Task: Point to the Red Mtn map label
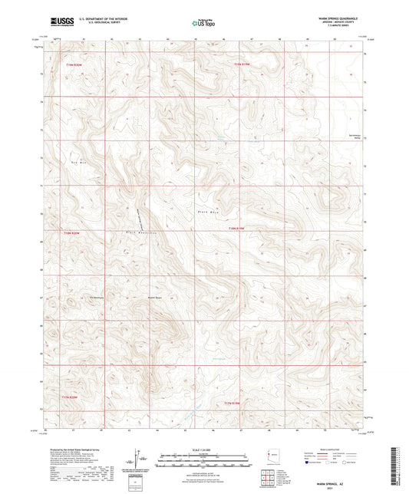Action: [x=76, y=163]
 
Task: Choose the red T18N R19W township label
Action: [x=239, y=228]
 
